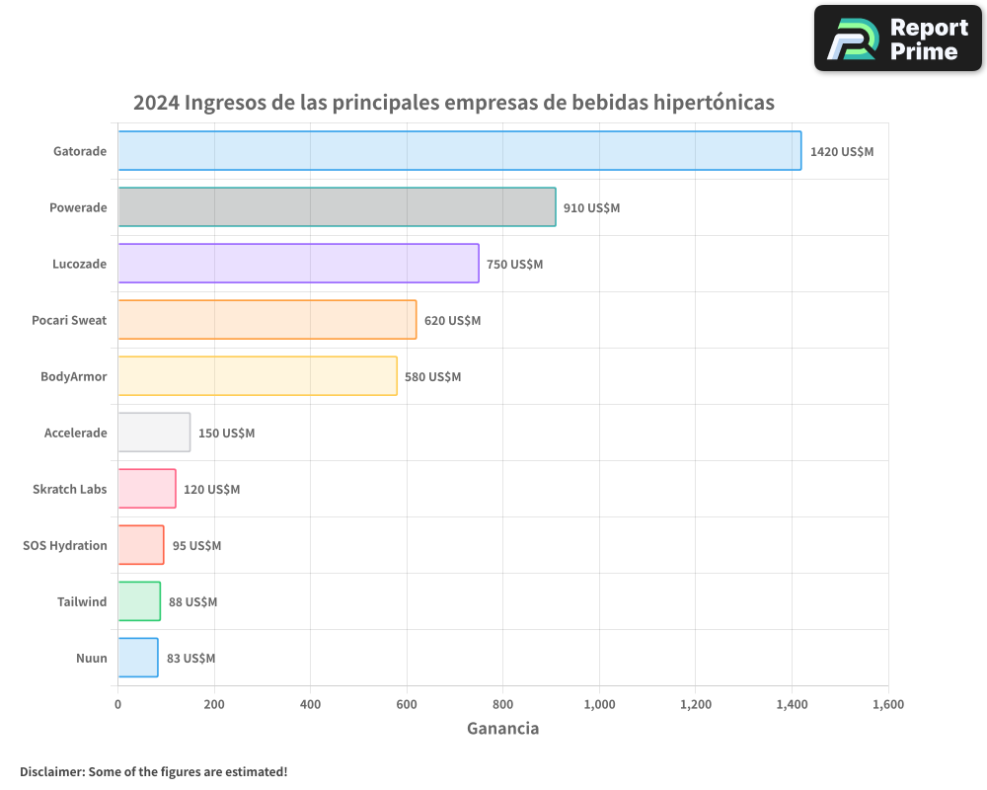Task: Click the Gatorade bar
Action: (x=459, y=151)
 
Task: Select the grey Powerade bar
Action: (x=337, y=207)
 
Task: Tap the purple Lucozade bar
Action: (x=298, y=264)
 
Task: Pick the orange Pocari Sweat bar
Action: (x=266, y=320)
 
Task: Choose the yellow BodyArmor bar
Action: (x=257, y=376)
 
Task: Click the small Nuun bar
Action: (x=138, y=658)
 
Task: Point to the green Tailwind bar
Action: (x=139, y=601)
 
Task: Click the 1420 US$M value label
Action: (x=841, y=152)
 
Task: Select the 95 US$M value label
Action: (x=196, y=546)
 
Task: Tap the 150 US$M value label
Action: (x=226, y=434)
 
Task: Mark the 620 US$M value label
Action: (x=452, y=321)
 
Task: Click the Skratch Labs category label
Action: (x=69, y=489)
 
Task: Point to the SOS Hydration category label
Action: (x=65, y=545)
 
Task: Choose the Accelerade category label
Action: (x=75, y=433)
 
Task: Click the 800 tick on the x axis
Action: (x=503, y=704)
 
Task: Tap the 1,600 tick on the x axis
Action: (x=887, y=704)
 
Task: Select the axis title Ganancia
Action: (x=502, y=729)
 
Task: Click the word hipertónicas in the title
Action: (x=715, y=103)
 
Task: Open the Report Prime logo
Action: (x=897, y=39)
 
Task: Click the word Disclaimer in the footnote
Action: (x=50, y=771)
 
